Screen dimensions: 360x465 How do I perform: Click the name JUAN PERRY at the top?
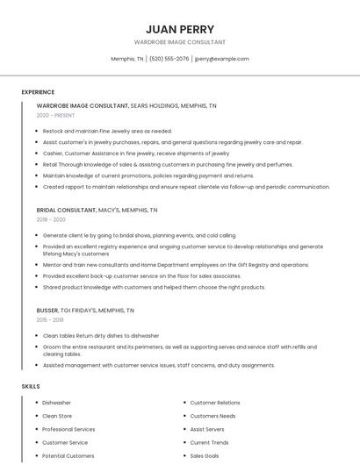tap(180, 29)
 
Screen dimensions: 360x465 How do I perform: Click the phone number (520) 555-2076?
tap(169, 59)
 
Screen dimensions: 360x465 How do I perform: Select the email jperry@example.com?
tap(221, 59)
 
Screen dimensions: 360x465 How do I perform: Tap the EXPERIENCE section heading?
tap(38, 92)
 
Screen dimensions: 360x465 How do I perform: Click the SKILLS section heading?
tap(31, 386)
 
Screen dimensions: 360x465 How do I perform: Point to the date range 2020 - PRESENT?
tap(55, 115)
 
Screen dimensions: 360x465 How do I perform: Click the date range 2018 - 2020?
tap(51, 219)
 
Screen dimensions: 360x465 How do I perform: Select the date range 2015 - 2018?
tap(51, 320)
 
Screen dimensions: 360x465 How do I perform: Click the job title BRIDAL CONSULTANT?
tap(66, 211)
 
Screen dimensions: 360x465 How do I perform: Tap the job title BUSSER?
tap(47, 311)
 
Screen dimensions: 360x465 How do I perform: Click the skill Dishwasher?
tap(57, 403)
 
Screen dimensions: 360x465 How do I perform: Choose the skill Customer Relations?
tap(215, 403)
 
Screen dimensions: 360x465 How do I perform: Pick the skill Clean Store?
tap(57, 416)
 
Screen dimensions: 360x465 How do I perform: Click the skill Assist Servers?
tap(207, 429)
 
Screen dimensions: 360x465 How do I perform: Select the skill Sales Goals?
tap(205, 456)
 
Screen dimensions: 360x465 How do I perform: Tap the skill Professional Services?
tap(68, 429)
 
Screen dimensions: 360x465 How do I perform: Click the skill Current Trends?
tap(209, 443)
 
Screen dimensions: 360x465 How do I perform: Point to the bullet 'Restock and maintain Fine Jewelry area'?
tap(107, 131)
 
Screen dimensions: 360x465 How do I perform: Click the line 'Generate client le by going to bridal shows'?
tap(139, 235)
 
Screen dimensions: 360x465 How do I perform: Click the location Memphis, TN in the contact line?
tap(127, 59)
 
